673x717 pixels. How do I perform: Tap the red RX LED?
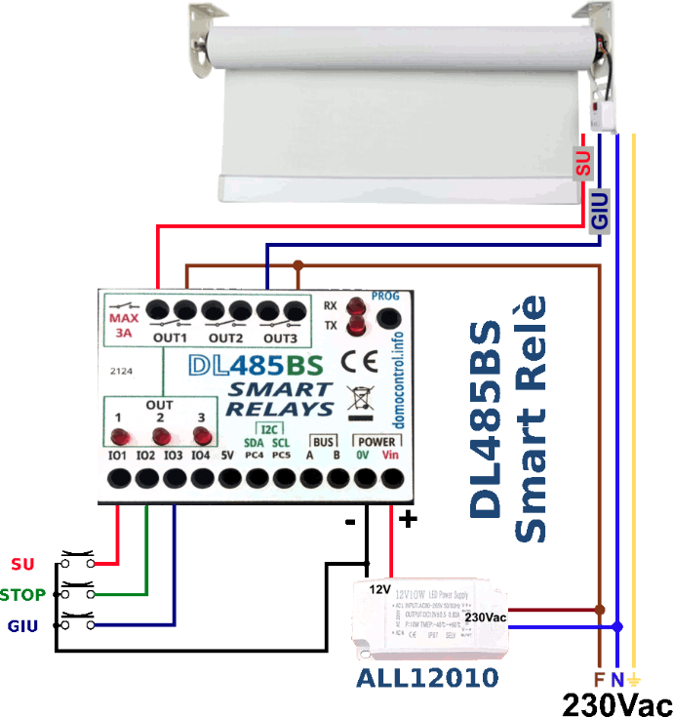pos(355,304)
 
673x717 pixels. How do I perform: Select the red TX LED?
pos(355,325)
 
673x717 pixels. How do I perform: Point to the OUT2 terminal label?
pos(225,339)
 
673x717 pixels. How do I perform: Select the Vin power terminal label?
pos(391,454)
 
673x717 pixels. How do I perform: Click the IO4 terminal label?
pos(199,455)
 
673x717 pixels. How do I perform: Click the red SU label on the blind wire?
pos(583,163)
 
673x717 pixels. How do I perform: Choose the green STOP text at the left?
pos(22,594)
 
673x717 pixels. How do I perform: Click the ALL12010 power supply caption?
pos(427,678)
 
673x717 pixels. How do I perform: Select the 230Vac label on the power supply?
pos(486,617)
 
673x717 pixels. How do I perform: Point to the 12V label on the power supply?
pos(379,589)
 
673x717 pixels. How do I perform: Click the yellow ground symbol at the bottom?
pos(635,679)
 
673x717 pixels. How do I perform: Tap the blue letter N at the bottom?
pos(616,679)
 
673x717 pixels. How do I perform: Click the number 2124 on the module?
pos(122,372)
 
